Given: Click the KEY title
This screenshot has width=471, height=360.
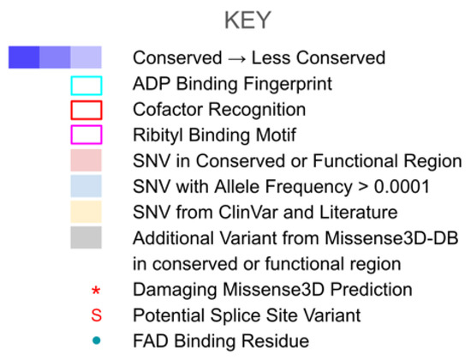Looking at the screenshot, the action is click(x=247, y=21).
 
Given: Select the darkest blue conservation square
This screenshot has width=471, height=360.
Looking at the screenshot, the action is click(x=24, y=57).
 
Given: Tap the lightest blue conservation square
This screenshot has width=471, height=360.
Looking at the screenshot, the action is click(x=86, y=57).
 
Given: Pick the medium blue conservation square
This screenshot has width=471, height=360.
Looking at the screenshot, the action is click(x=55, y=57).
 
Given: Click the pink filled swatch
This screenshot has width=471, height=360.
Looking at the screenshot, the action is click(x=86, y=160).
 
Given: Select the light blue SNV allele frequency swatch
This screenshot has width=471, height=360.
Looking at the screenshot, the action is click(x=86, y=186).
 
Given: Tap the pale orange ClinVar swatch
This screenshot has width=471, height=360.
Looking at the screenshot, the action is click(x=86, y=212).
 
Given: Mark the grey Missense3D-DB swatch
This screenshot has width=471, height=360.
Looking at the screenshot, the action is click(x=86, y=237).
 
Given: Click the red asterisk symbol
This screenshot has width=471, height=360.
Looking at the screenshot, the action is click(x=96, y=291).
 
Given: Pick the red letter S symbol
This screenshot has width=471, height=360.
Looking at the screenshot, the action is click(x=97, y=315).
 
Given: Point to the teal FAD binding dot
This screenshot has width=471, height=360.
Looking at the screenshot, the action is click(x=97, y=340).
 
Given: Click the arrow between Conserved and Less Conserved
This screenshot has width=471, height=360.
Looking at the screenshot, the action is click(x=236, y=58).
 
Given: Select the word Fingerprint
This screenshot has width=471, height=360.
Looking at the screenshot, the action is click(x=288, y=84).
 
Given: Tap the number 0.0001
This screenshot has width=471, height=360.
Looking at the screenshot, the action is click(x=402, y=187).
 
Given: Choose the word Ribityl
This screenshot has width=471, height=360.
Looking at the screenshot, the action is click(x=158, y=135).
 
